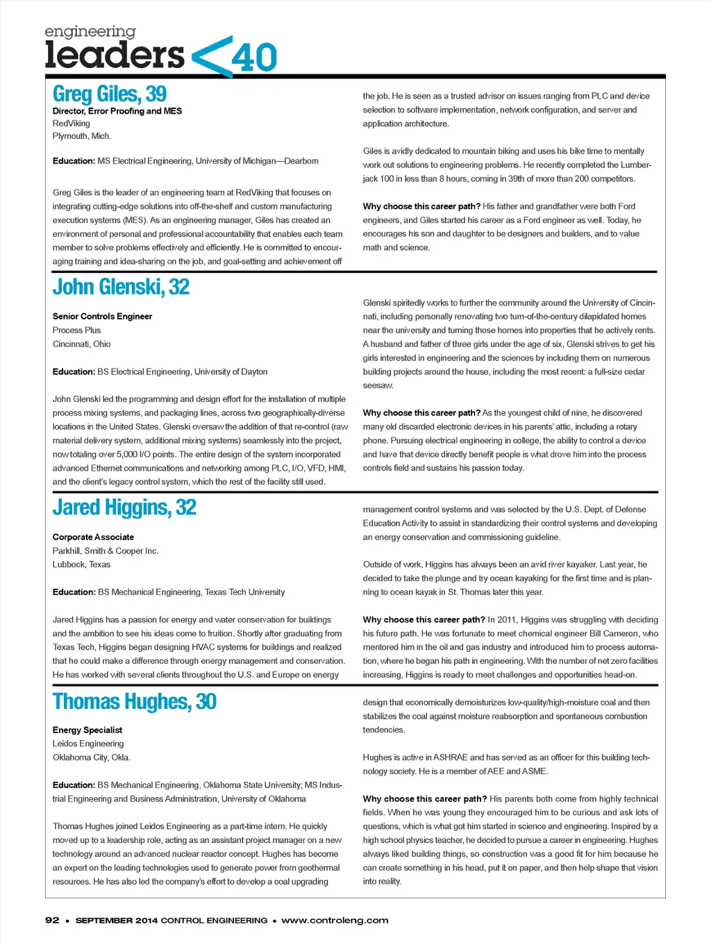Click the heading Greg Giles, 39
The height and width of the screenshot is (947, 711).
coord(110,94)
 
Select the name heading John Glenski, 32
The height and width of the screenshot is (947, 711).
coord(121,287)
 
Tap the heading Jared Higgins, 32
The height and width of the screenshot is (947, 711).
coord(124,508)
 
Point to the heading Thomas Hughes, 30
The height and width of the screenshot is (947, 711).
coord(135,701)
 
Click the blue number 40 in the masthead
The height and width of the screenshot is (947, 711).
coord(255,58)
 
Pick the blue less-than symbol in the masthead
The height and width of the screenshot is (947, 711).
coord(211,57)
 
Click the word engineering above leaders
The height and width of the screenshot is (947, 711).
coord(90,32)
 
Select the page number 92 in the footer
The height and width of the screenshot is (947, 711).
coord(52,920)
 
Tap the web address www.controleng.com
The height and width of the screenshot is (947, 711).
coord(335,920)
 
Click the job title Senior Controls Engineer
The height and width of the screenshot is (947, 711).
coord(102,317)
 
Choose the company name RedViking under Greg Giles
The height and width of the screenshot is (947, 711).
coord(72,124)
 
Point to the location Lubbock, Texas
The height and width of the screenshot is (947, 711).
coord(81,564)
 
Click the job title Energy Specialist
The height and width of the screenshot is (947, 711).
coord(87,730)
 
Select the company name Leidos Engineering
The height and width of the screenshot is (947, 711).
coord(88,744)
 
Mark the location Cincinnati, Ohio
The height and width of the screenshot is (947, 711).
coord(81,344)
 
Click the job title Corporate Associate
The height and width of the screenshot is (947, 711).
coord(93,537)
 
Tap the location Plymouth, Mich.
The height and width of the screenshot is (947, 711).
coord(82,136)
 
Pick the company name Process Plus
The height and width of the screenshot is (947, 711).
coord(76,330)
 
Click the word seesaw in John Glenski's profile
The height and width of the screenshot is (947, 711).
coord(378,385)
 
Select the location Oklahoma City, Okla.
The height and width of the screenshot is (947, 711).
coord(92,757)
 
